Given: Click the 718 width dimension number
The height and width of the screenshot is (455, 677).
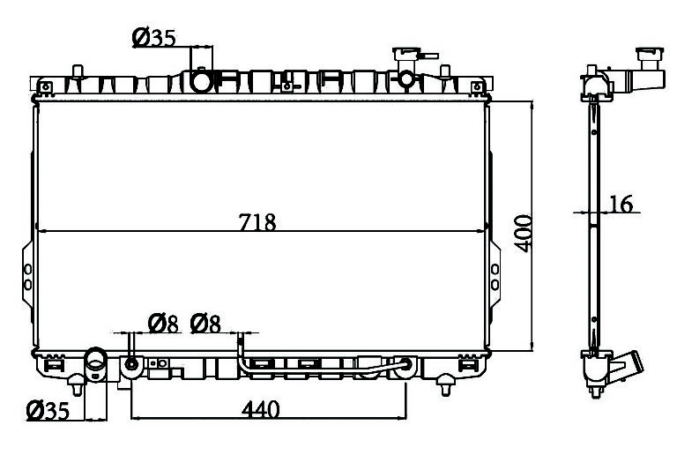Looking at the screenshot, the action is (x=257, y=223).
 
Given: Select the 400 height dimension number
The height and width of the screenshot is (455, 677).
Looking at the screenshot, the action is (x=524, y=233).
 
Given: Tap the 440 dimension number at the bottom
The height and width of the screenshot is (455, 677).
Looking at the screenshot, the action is (x=260, y=409).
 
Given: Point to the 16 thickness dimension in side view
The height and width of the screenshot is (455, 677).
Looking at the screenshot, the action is (x=621, y=205).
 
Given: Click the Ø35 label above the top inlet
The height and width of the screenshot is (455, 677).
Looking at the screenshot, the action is (x=154, y=38).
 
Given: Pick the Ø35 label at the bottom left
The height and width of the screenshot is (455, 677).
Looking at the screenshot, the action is (x=48, y=411).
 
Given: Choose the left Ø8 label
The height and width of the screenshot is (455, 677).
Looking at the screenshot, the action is (x=163, y=324).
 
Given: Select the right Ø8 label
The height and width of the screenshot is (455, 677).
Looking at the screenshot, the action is (x=205, y=324).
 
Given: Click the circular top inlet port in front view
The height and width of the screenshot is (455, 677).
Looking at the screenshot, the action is (x=202, y=81).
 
